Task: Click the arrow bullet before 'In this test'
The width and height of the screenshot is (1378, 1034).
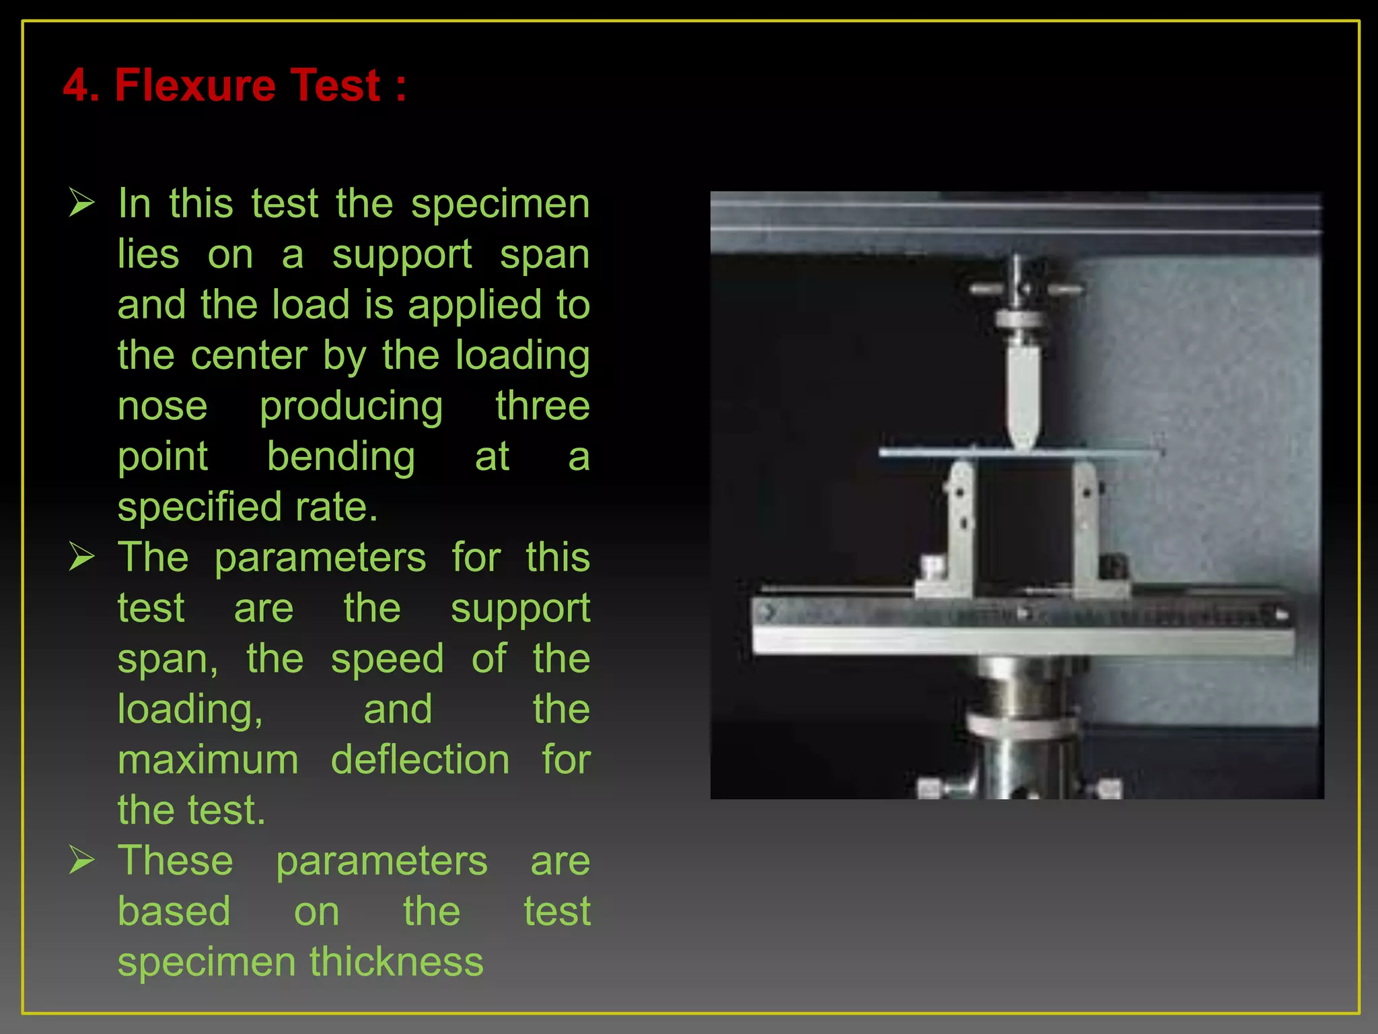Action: pyautogui.click(x=81, y=203)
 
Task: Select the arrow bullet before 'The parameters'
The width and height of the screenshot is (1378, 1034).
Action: pyautogui.click(x=81, y=557)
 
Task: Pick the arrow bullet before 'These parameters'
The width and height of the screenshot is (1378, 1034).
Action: pyautogui.click(x=81, y=860)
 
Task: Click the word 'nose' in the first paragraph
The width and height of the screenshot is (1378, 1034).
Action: pyautogui.click(x=162, y=407)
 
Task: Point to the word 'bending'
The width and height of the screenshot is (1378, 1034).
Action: pyautogui.click(x=341, y=457)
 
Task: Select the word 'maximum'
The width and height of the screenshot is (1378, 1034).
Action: pyautogui.click(x=208, y=761)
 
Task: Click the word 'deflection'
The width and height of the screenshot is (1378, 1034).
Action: pyautogui.click(x=420, y=761)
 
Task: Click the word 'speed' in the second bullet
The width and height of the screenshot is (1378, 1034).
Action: pyautogui.click(x=387, y=659)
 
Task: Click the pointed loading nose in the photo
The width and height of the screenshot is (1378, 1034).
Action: pyautogui.click(x=1022, y=397)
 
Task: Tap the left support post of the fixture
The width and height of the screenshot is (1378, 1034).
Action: pyautogui.click(x=959, y=525)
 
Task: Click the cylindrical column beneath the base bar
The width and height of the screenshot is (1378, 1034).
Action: pyautogui.click(x=1019, y=727)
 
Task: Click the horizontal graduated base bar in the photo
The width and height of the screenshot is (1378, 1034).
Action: pyautogui.click(x=1022, y=626)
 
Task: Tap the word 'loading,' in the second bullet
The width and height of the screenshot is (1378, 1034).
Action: pyautogui.click(x=190, y=710)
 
